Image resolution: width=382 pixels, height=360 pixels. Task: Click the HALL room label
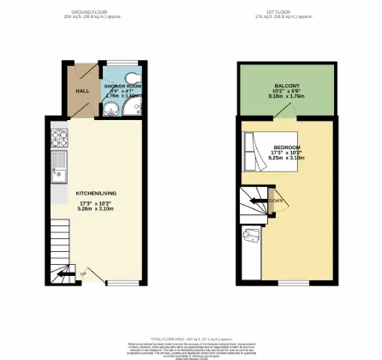(82, 90)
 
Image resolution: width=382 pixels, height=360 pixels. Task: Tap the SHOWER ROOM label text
(122, 87)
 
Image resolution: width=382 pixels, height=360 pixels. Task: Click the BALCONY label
(287, 87)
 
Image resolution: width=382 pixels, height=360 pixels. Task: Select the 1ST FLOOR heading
(286, 11)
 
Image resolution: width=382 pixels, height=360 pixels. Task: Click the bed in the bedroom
(261, 154)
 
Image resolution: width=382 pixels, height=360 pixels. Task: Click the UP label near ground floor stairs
(82, 274)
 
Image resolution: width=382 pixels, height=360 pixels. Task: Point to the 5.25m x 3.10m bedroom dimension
(287, 159)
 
